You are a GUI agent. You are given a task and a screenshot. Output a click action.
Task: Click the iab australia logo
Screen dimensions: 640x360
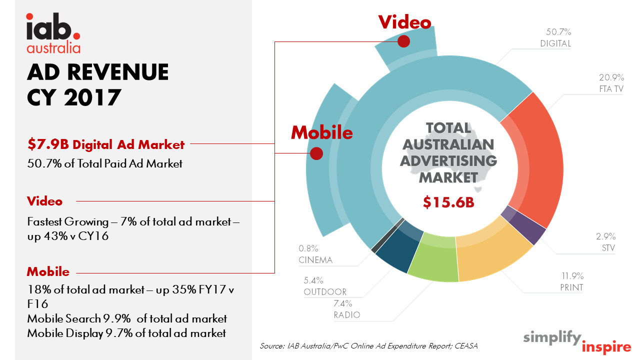pos(53,33)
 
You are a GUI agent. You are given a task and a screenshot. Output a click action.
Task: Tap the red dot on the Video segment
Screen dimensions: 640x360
pos(403,41)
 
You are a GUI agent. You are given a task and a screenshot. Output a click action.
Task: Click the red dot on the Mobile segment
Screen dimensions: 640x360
pos(316,153)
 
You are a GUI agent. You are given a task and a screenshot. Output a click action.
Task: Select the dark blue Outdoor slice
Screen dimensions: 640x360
pos(398,247)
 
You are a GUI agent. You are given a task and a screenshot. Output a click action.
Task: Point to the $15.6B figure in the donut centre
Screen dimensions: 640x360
pos(448,202)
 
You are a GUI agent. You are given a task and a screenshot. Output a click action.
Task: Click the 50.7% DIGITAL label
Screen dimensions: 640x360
pos(555,37)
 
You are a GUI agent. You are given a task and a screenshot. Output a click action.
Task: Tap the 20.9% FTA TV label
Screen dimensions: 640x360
pos(611,83)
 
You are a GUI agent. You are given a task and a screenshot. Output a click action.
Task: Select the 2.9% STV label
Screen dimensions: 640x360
pos(605,242)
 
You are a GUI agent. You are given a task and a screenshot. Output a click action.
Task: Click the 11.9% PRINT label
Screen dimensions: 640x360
pos(572,281)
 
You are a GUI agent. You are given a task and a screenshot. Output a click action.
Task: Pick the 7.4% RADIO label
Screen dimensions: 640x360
pos(346,309)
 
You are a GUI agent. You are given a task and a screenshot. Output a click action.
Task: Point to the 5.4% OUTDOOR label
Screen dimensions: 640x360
pos(325,286)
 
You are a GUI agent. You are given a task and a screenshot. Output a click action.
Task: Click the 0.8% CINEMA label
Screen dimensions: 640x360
pos(315,254)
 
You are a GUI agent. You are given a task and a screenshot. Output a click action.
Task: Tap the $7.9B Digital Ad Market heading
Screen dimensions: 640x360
pos(106,144)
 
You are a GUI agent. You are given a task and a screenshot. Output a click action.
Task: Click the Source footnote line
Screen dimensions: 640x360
pos(368,345)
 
